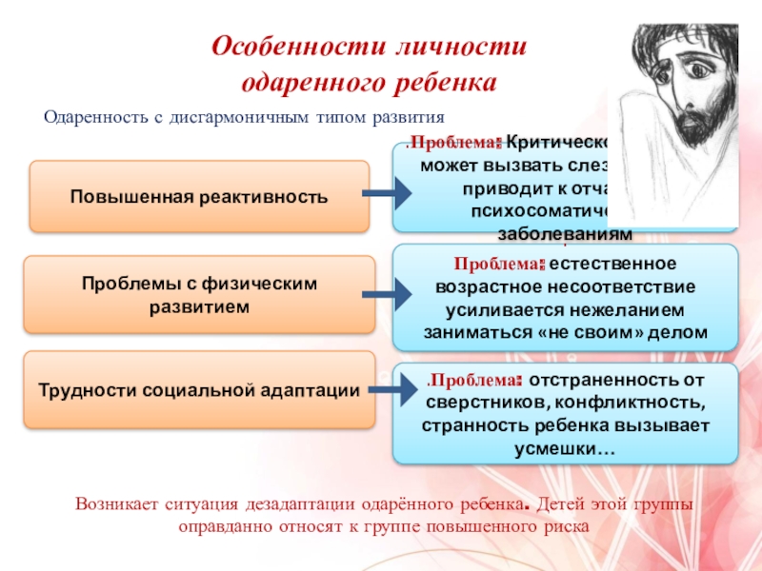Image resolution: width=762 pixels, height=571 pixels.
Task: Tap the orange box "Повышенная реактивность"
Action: pos(199,197)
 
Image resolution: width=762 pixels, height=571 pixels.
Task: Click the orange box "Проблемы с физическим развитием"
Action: pos(199,295)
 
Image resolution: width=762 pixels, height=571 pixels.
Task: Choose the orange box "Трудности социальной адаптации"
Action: pos(199,389)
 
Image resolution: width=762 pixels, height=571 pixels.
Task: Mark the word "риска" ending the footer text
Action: pos(565,525)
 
